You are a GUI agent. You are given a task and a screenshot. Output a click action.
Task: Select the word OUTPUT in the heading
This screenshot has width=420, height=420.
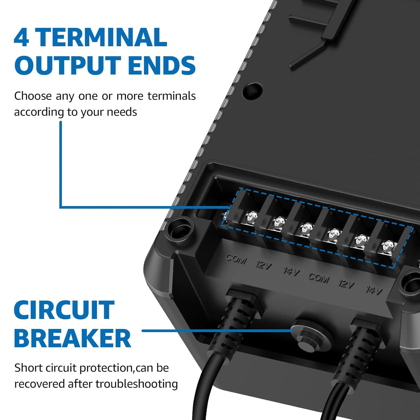tap(66, 66)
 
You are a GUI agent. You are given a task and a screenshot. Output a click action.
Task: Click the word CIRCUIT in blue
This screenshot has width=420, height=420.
tap(64, 310)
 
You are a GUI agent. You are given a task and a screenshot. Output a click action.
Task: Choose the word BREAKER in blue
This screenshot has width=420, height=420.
tap(72, 338)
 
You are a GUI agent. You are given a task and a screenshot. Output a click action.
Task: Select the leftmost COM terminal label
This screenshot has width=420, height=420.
tap(236, 259)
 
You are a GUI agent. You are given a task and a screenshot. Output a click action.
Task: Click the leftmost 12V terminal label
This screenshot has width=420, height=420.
tap(264, 265)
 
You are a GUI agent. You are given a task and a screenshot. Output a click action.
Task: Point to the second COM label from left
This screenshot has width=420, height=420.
tap(319, 278)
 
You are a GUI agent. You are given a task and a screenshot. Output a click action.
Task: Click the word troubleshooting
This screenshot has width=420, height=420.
tap(137, 384)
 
